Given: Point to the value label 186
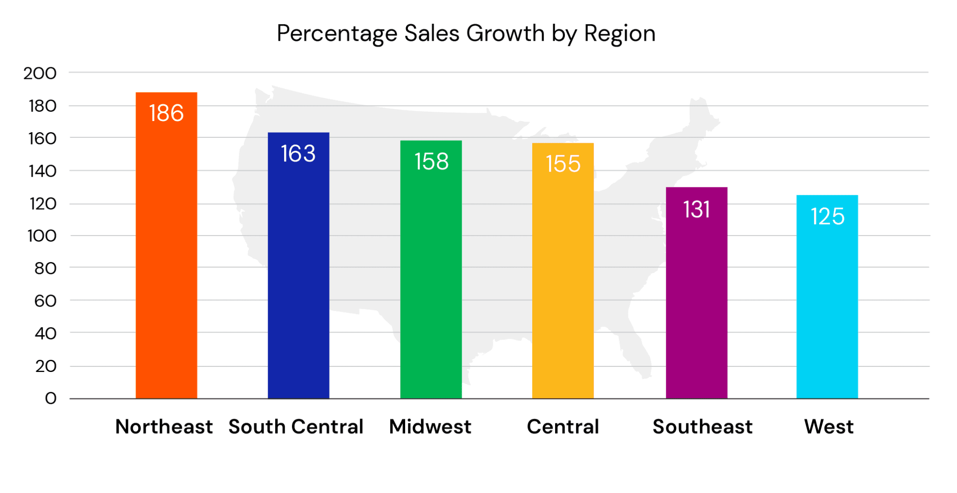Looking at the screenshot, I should coord(166,113).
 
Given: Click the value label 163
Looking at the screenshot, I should coord(298,154).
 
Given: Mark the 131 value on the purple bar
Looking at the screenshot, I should coord(696,209).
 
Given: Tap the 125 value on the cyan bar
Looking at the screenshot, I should coord(828,216).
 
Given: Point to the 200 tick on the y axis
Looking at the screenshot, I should coord(40,73).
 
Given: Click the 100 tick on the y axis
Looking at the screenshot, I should coord(42,236).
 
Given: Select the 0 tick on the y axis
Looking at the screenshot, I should coord(50,399).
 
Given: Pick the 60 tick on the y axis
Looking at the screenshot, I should coord(45,301).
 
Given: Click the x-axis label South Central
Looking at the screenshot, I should coord(296,427).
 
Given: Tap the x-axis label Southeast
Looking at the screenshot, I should coord(702,427).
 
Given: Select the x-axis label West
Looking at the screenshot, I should coord(828,427).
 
